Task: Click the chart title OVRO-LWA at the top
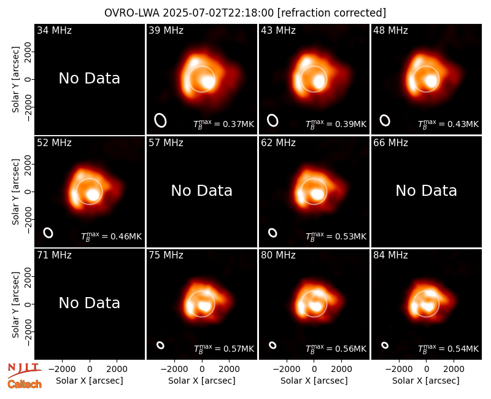coord(131,13)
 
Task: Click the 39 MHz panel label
coord(166,30)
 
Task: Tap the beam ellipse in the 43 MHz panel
coord(273,120)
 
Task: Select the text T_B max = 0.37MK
coord(223,124)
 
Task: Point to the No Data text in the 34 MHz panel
coord(89,79)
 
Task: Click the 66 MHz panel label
coord(390,143)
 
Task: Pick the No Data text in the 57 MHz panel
coord(202,191)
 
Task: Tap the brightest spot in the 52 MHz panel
coord(93,195)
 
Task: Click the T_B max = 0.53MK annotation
coord(336,236)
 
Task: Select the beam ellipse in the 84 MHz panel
coord(385,345)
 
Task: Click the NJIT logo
coord(24,370)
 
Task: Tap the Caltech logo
coord(25,384)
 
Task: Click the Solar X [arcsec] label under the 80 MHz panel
coord(314,381)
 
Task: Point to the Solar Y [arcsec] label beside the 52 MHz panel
coord(15,192)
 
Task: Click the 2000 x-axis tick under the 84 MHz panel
coord(454,370)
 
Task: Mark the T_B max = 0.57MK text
coord(223,349)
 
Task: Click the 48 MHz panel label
coord(390,30)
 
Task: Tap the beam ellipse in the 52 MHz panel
coord(48,233)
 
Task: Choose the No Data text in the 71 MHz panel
coord(89,303)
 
